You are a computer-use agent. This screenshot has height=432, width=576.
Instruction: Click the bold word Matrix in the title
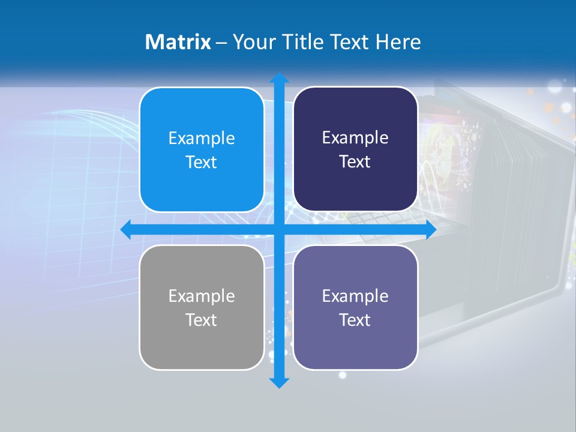pos(178,42)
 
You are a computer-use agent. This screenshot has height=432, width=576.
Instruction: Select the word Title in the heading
pos(303,42)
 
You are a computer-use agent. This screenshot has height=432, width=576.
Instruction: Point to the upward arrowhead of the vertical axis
pos(279,78)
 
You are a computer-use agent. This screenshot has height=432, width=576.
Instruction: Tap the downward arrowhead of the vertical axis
pos(279,382)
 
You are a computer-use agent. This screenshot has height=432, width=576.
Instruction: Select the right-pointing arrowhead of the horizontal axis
pos(430,230)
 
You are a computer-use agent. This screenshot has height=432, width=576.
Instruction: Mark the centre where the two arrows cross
pos(279,230)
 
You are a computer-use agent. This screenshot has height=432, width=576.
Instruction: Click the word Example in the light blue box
pos(202,139)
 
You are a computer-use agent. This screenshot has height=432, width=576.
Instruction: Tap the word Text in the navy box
pos(355,162)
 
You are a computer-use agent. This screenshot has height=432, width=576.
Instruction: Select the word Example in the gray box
pos(202,296)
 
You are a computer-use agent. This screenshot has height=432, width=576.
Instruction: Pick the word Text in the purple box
pos(355,320)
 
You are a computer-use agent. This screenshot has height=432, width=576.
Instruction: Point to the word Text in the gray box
pos(202,320)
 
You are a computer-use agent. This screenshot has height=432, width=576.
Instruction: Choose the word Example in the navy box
pos(355,138)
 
